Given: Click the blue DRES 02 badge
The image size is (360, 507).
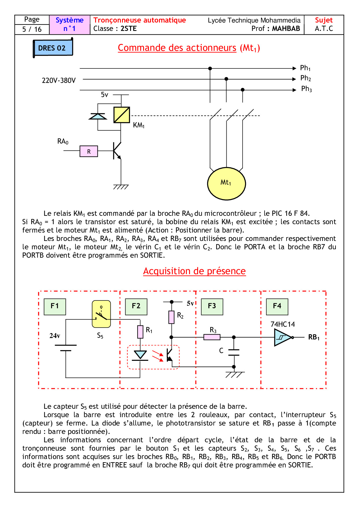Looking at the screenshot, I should click(52, 48).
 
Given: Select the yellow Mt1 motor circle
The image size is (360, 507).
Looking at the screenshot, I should click(226, 183).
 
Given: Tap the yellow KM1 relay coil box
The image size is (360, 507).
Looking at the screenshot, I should click(121, 115).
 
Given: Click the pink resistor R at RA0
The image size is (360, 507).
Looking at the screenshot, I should click(89, 151).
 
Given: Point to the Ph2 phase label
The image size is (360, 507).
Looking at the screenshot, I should click(306, 78).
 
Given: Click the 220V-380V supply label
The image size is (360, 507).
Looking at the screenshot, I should click(59, 80).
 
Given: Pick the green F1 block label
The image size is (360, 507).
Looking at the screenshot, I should click(55, 306).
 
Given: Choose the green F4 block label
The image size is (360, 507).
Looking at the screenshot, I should click(277, 306).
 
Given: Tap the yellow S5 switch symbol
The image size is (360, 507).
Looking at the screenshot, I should click(101, 314).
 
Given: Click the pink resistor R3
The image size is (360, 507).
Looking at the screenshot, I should click(212, 337).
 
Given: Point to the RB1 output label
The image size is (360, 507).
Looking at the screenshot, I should click(314, 337).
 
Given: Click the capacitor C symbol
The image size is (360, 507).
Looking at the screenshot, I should click(234, 352).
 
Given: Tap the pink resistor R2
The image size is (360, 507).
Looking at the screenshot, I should click(171, 317).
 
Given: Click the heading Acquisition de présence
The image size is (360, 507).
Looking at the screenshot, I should click(194, 271).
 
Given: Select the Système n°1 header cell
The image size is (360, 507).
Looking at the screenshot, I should click(69, 25).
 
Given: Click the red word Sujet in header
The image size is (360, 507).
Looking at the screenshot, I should click(324, 20).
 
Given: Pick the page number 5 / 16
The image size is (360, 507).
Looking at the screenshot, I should click(32, 29).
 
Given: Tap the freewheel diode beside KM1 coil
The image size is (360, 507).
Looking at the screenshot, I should click(98, 116).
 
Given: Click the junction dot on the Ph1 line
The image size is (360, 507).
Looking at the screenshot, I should click(210, 68).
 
